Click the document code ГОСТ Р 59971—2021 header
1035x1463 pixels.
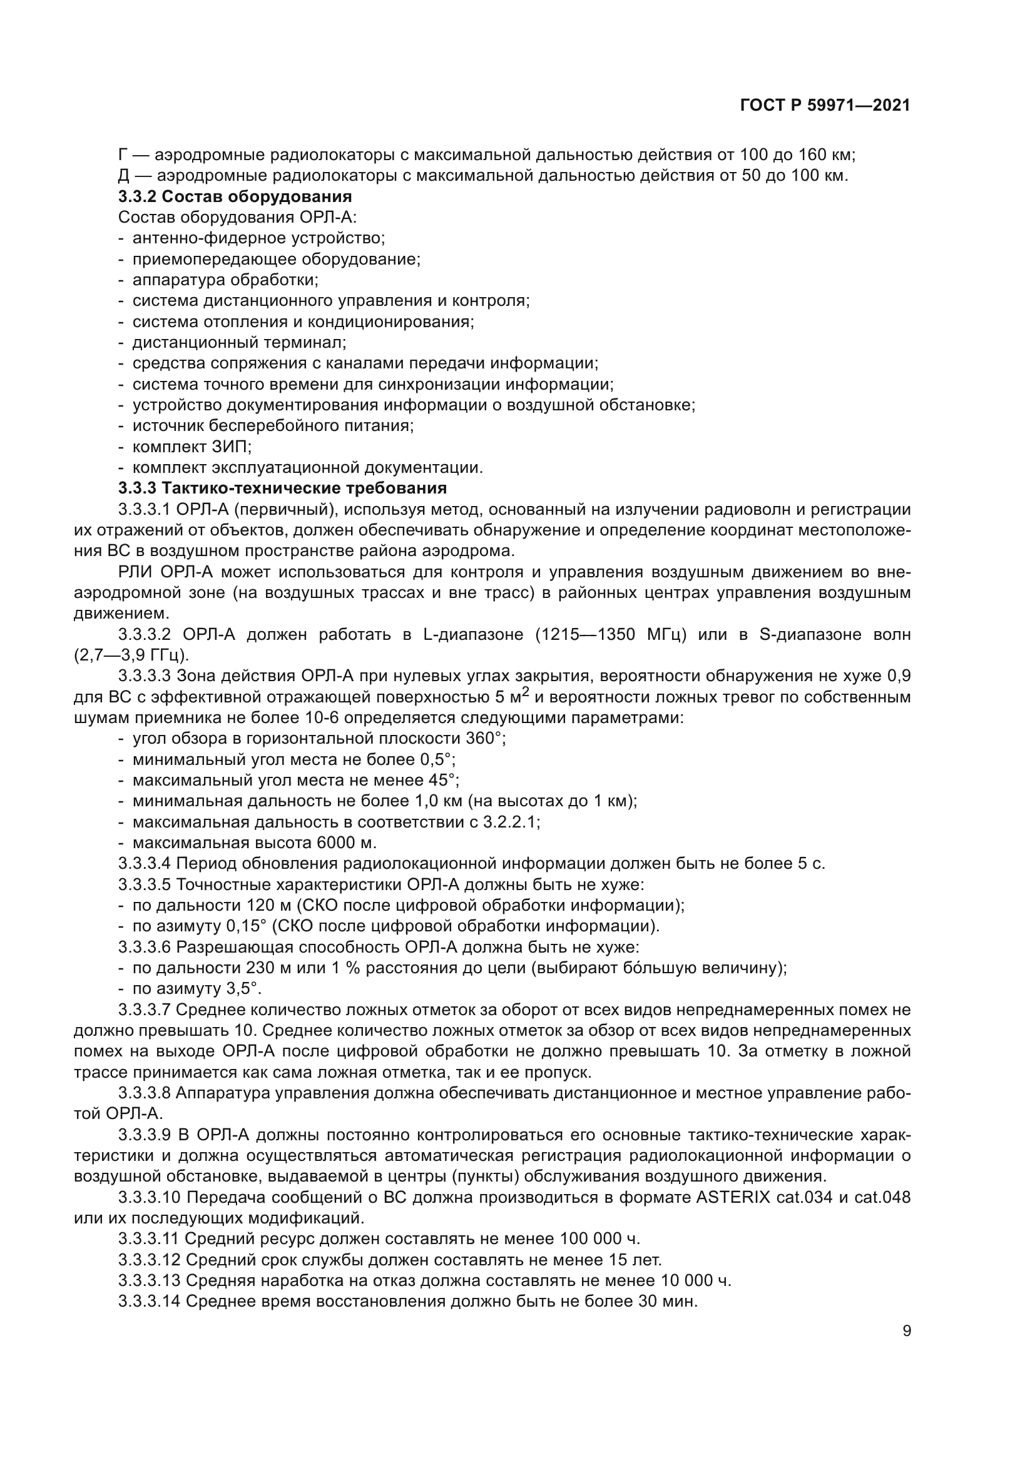(x=825, y=106)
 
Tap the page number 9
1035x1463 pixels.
(x=907, y=1331)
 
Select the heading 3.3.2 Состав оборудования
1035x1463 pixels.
(x=235, y=196)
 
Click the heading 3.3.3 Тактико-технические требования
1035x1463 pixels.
(x=282, y=488)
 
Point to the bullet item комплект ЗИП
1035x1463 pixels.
(x=192, y=446)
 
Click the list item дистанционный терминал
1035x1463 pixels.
(x=239, y=342)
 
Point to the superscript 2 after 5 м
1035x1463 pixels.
(x=526, y=691)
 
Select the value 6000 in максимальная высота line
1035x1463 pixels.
(x=337, y=843)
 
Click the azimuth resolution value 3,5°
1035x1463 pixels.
(x=243, y=989)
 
